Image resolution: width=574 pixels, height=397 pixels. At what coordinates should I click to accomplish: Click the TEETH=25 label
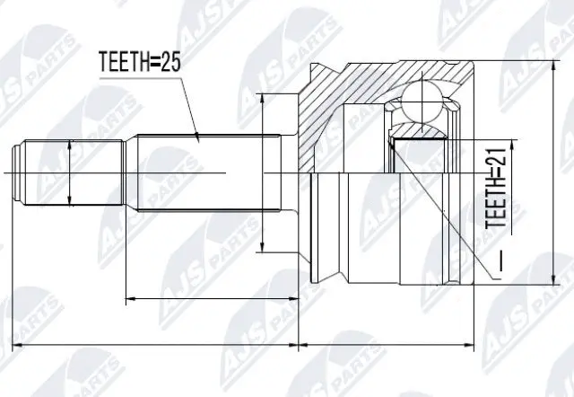[x=140, y=62]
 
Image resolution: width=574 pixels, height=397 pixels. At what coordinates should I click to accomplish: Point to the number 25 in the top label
[x=172, y=62]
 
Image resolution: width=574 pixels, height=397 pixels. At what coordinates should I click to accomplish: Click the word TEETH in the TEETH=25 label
[x=125, y=62]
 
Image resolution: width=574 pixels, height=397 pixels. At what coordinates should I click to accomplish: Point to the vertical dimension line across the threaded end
[x=69, y=170]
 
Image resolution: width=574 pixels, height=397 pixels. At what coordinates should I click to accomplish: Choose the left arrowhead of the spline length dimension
[x=129, y=296]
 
